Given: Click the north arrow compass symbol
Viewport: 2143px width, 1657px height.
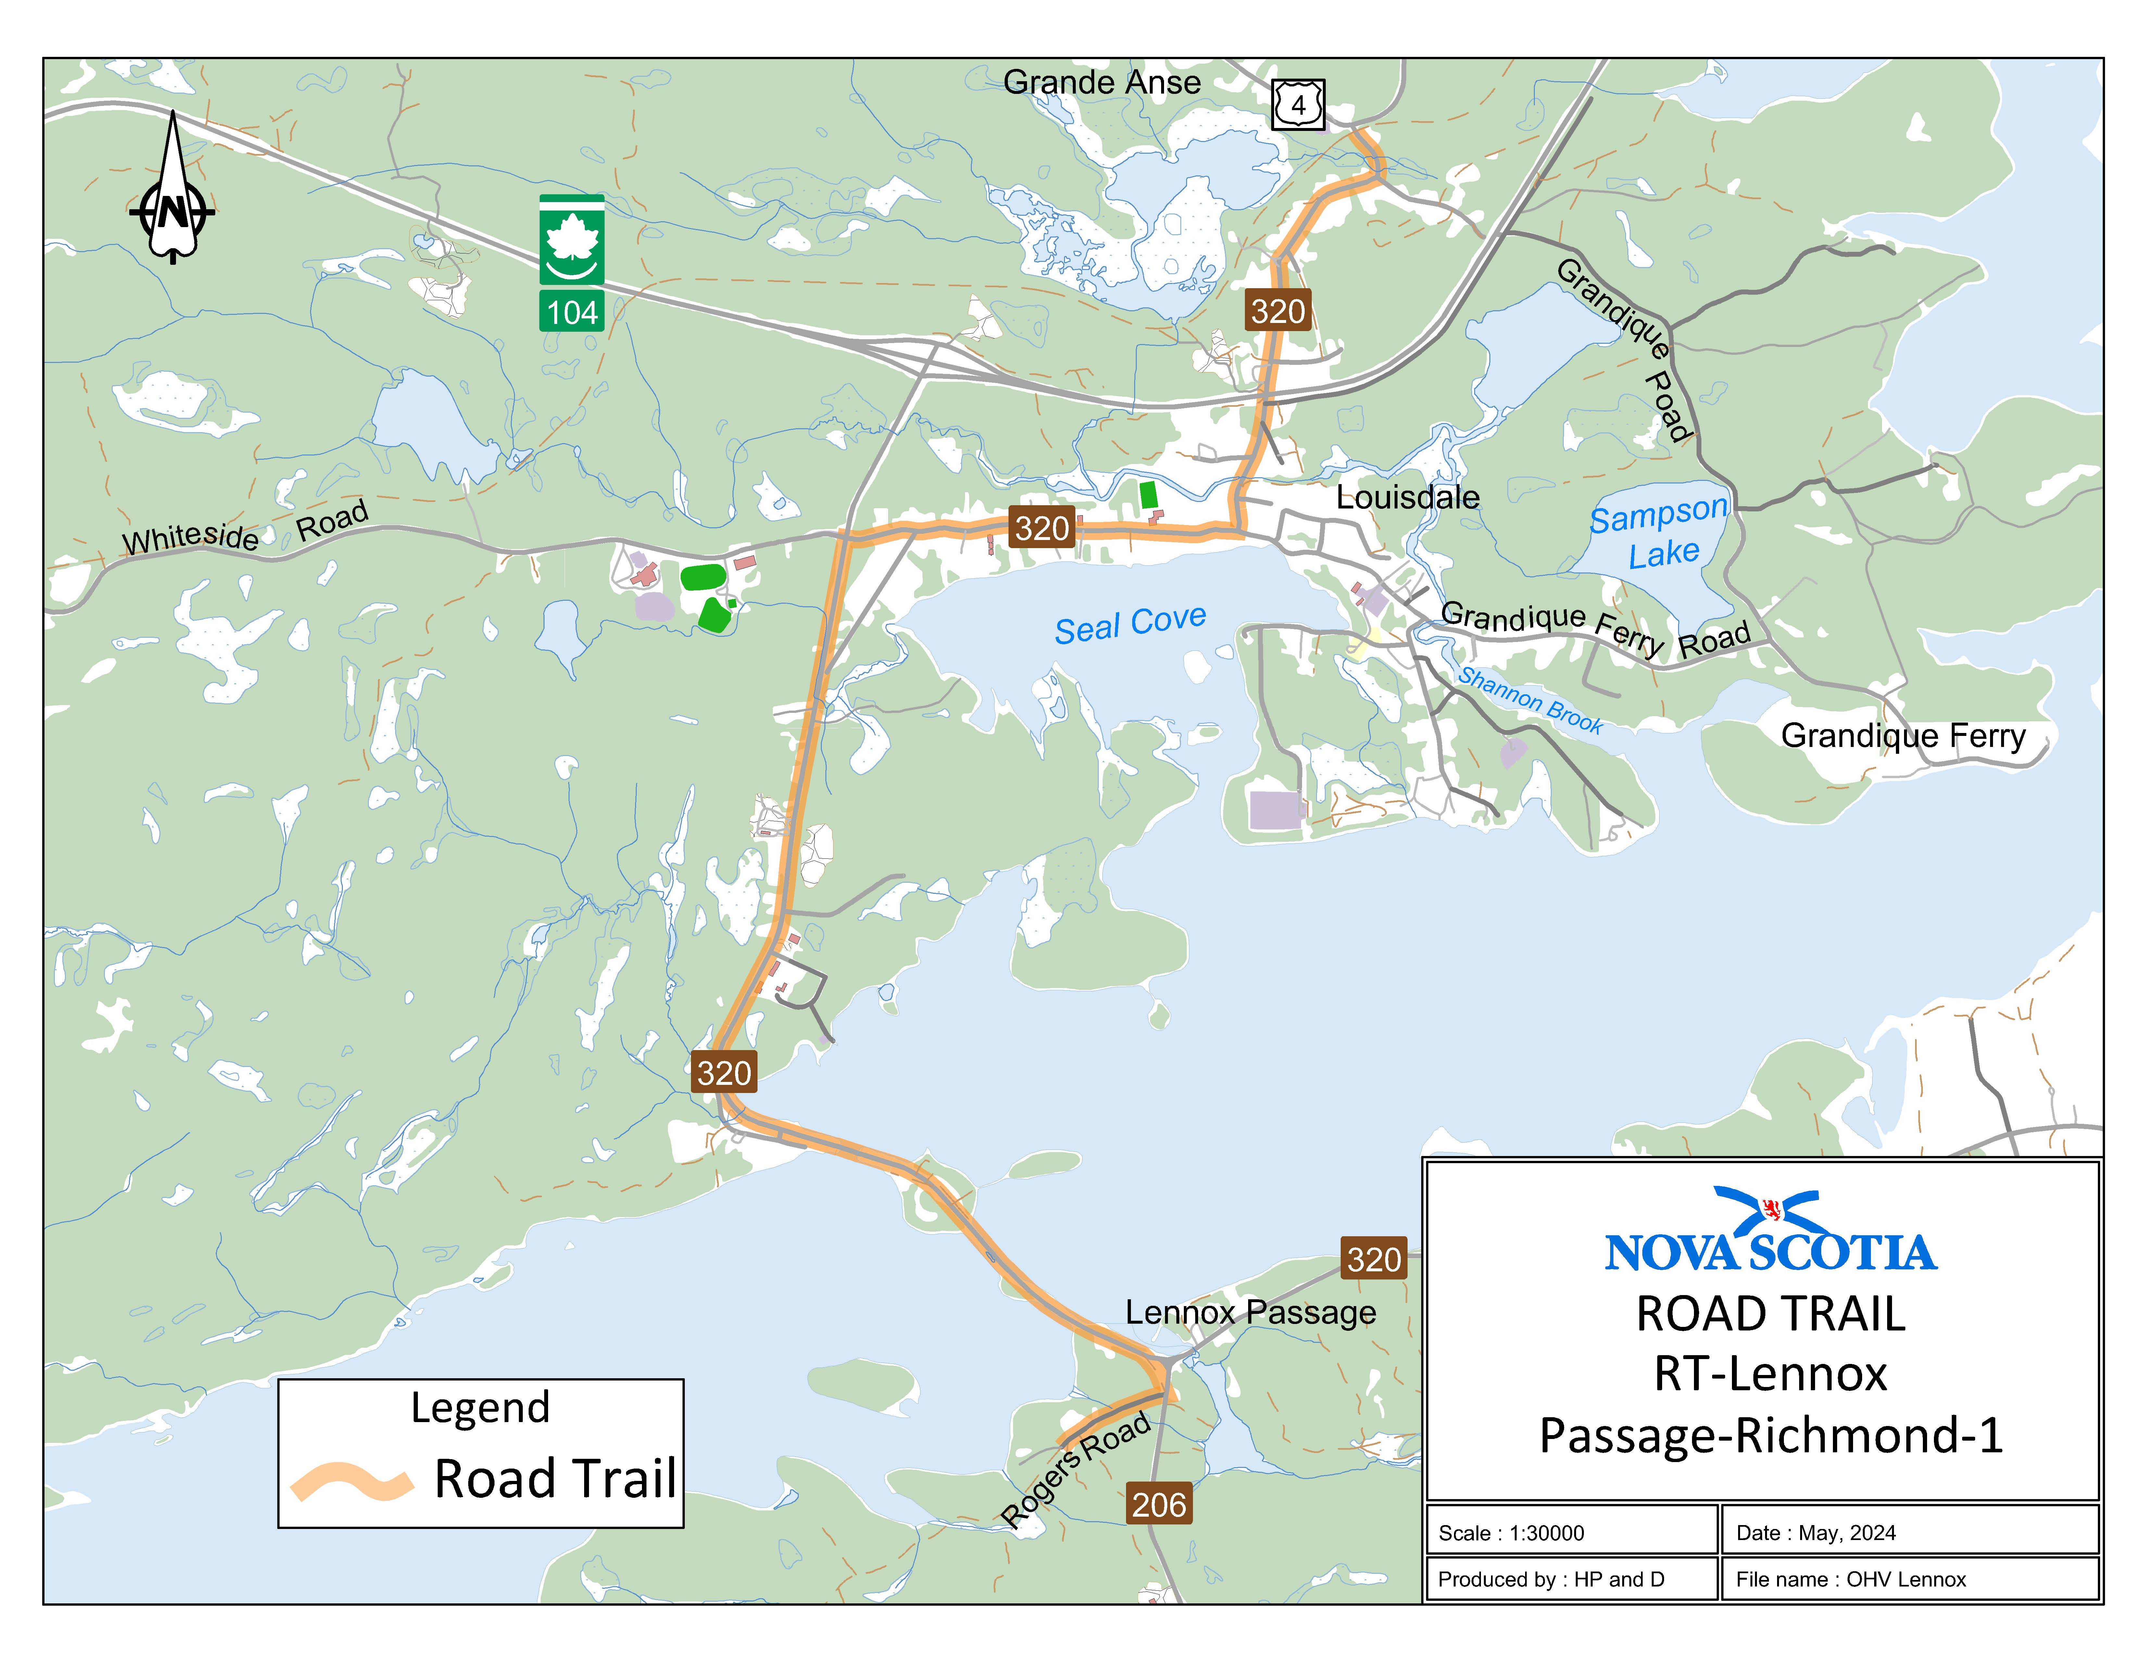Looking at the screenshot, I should [x=173, y=196].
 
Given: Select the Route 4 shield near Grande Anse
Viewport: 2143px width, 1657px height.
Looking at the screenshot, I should [x=1298, y=104].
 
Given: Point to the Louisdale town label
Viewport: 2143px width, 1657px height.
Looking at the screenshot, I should [x=1407, y=498].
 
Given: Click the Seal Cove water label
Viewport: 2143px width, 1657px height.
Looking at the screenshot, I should [x=1130, y=624].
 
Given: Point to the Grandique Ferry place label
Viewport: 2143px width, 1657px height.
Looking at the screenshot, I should [x=1903, y=735].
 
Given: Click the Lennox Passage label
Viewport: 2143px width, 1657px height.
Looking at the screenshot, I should [x=1250, y=1313].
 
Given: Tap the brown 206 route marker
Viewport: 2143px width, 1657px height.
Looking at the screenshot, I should [x=1159, y=1504].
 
